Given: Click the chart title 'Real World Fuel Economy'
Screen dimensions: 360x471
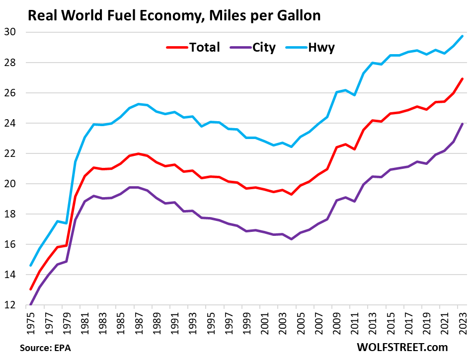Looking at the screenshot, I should pos(174,15).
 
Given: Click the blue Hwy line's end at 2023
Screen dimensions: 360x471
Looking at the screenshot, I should pos(463,36).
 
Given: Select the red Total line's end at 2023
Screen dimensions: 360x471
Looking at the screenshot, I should pos(463,78).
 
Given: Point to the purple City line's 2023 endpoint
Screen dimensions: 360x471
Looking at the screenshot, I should pos(463,124).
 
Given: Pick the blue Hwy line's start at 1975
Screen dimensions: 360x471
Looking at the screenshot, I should pos(31,266).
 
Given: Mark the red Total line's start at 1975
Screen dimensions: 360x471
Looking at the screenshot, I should pos(31,289).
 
